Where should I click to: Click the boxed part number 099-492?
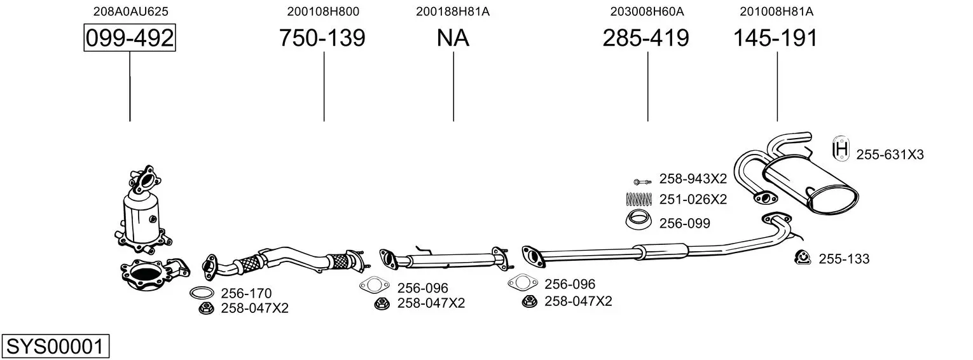pos(130,38)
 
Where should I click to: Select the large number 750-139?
pos(322,38)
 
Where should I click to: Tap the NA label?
pos(453,38)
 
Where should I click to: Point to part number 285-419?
pos(645,38)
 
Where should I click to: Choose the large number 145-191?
pos(775,38)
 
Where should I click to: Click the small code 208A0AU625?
pos(131,11)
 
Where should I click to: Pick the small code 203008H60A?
pos(647,11)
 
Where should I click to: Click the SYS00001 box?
pos(55,346)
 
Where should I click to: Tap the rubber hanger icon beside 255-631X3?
pos(841,149)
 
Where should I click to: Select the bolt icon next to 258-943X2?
pos(642,181)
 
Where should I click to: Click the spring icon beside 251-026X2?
pos(639,199)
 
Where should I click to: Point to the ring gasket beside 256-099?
pos(638,219)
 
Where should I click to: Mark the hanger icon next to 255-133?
pos(803,258)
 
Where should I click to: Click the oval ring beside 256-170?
pos(202,293)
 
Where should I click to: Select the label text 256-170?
pos(246,293)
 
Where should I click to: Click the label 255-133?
pos(844,259)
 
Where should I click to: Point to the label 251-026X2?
pos(693,199)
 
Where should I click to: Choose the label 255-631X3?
pos(890,155)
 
